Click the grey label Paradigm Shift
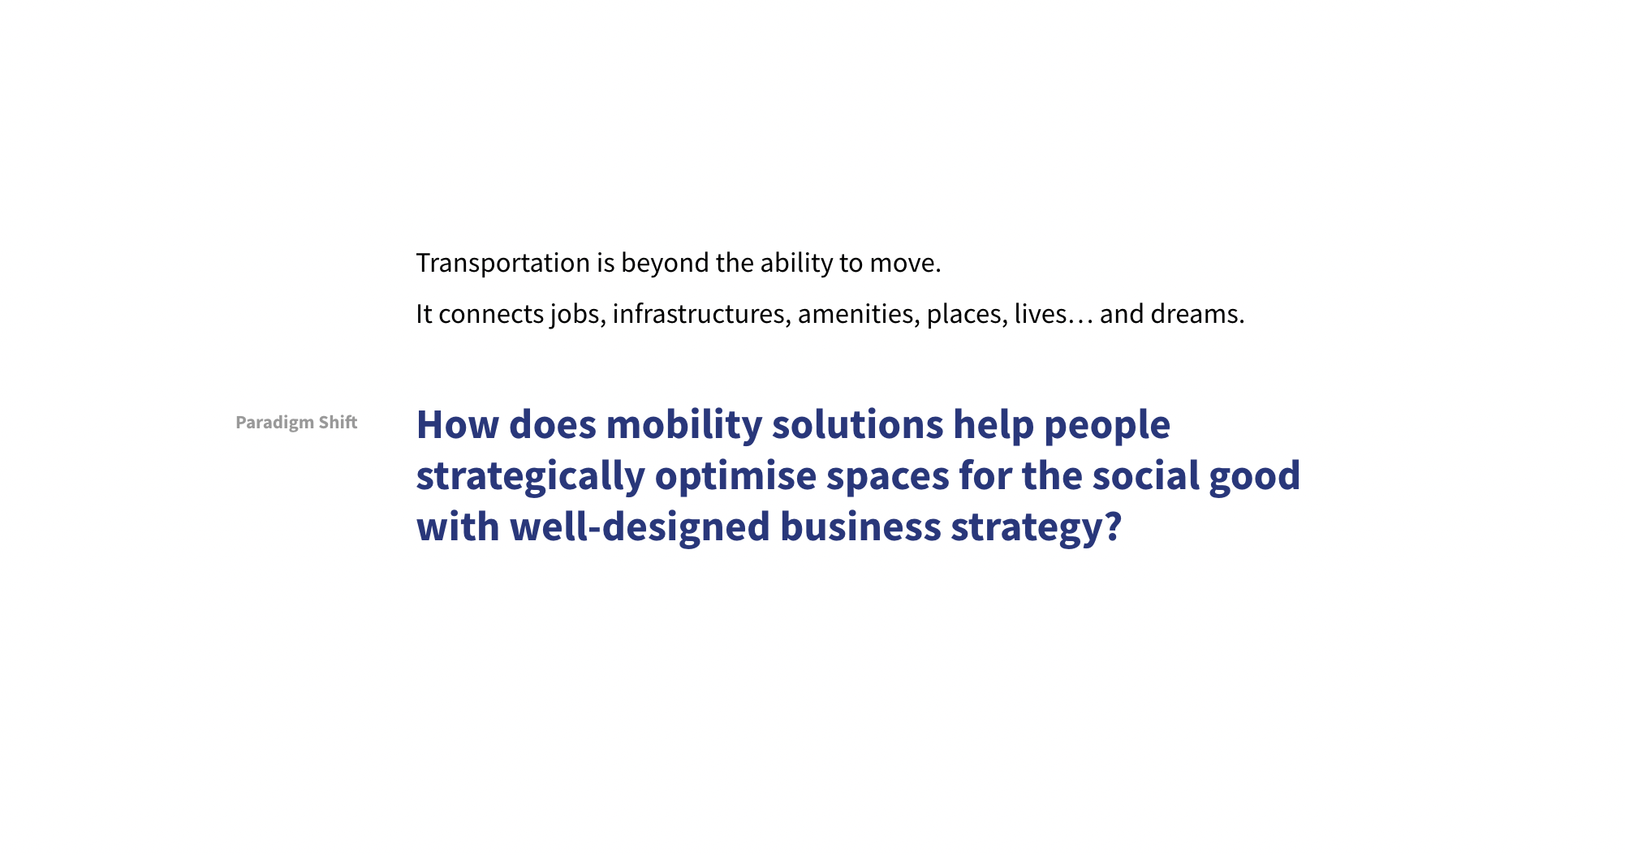click(296, 423)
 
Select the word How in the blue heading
click(458, 425)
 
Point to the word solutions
click(858, 425)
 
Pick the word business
click(860, 527)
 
